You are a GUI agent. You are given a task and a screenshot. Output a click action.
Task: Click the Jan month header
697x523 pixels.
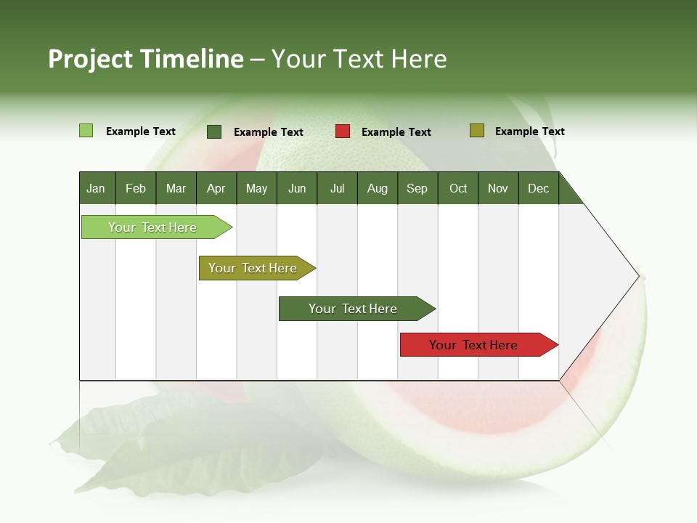pyautogui.click(x=96, y=188)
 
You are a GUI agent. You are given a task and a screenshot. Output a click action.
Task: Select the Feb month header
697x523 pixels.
pyautogui.click(x=136, y=188)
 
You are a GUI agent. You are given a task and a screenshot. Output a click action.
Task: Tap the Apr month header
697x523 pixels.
pyautogui.click(x=216, y=188)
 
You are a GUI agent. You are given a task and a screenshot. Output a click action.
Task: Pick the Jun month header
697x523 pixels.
pyautogui.click(x=297, y=188)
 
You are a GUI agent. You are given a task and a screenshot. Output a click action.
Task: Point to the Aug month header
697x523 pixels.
pyautogui.click(x=377, y=188)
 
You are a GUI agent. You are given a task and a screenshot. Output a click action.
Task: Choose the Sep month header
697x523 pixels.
pyautogui.click(x=417, y=188)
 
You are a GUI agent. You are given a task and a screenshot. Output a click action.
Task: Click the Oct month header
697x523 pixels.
pyautogui.click(x=458, y=188)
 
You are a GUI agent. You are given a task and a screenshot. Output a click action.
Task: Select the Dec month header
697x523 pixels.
pyautogui.click(x=538, y=188)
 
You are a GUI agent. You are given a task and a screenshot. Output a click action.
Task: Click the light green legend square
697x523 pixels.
pyautogui.click(x=86, y=131)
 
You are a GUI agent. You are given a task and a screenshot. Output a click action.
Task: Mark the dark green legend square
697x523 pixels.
pyautogui.click(x=214, y=131)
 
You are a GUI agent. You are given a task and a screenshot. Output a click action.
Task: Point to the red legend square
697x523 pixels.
pyautogui.click(x=343, y=131)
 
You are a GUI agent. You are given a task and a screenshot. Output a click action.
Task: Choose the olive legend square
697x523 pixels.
pyautogui.click(x=477, y=131)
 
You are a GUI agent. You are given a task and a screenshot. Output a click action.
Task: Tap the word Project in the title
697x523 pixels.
pyautogui.click(x=89, y=59)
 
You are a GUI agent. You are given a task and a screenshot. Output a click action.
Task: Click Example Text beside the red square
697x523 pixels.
pyautogui.click(x=396, y=132)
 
